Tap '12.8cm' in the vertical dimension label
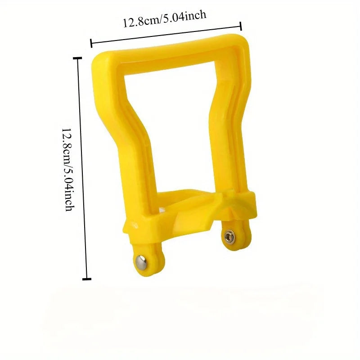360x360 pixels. tap(67, 144)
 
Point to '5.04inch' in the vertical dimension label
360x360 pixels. tap(67, 186)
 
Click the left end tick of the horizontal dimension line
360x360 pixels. tap(91, 44)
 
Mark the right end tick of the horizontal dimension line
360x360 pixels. tap(241, 27)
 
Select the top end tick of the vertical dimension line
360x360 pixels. tap(80, 58)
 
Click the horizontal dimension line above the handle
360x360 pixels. tap(166, 35)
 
